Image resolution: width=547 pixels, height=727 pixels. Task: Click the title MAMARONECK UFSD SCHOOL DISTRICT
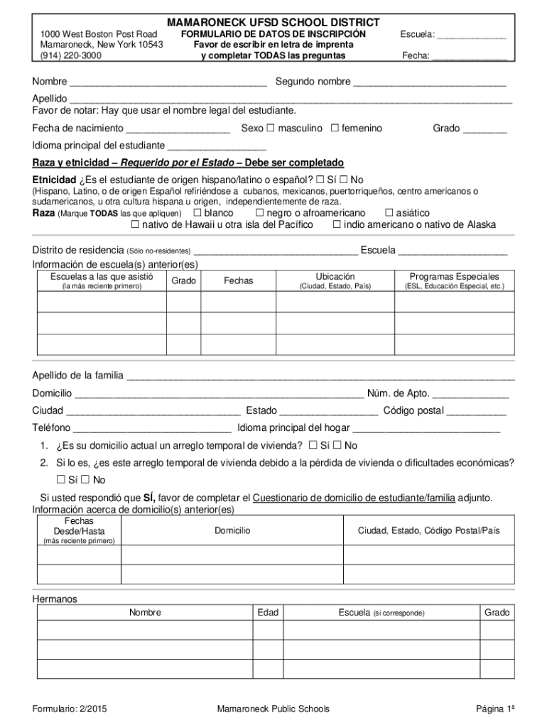pyautogui.click(x=273, y=23)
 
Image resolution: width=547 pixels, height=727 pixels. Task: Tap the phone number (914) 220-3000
pyautogui.click(x=70, y=55)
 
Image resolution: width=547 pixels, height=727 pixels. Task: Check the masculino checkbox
pyautogui.click(x=271, y=129)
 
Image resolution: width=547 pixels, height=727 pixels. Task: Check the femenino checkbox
pyautogui.click(x=334, y=129)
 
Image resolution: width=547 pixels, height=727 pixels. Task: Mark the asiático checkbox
pyautogui.click(x=389, y=213)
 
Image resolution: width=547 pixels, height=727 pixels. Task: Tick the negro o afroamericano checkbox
pyautogui.click(x=259, y=213)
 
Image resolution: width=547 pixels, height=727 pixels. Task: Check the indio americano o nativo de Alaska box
pyautogui.click(x=337, y=225)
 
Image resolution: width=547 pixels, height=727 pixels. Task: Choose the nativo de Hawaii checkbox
pyautogui.click(x=135, y=225)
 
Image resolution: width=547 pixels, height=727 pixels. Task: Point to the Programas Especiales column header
pyautogui.click(x=454, y=276)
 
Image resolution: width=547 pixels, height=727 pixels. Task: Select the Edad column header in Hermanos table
pyautogui.click(x=268, y=612)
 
